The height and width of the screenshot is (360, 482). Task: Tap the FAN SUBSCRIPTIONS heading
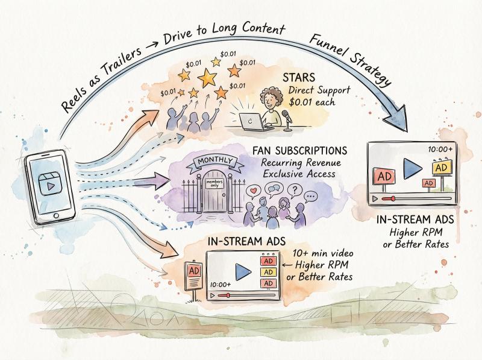coord(299,151)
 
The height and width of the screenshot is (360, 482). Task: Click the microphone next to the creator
coord(287,120)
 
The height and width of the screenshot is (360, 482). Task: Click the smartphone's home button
coord(56,215)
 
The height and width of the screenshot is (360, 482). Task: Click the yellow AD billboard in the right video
coord(441,168)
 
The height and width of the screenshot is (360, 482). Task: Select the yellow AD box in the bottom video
coord(268,272)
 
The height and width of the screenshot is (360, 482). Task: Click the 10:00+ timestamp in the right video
coord(440,149)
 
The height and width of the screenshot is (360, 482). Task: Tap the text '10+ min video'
coord(323,253)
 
